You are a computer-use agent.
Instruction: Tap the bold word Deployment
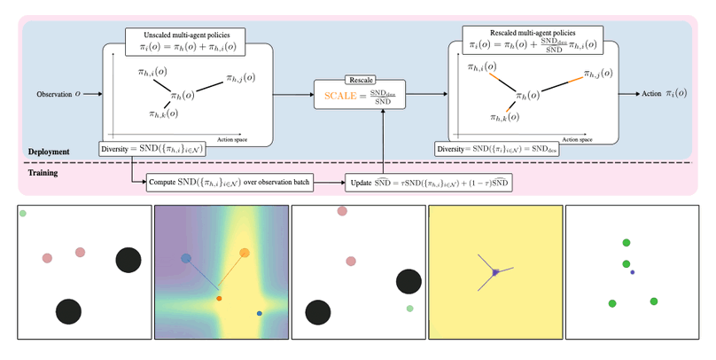(x=47, y=153)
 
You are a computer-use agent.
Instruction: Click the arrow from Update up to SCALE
(x=382, y=142)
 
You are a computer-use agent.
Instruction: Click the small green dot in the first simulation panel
(x=23, y=213)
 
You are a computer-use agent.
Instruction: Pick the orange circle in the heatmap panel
(x=244, y=254)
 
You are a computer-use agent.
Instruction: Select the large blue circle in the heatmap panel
(x=186, y=259)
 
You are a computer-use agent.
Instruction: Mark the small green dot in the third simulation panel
(x=409, y=309)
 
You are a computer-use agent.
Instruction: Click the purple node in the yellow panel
(x=496, y=271)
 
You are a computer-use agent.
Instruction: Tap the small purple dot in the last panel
(x=633, y=271)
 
